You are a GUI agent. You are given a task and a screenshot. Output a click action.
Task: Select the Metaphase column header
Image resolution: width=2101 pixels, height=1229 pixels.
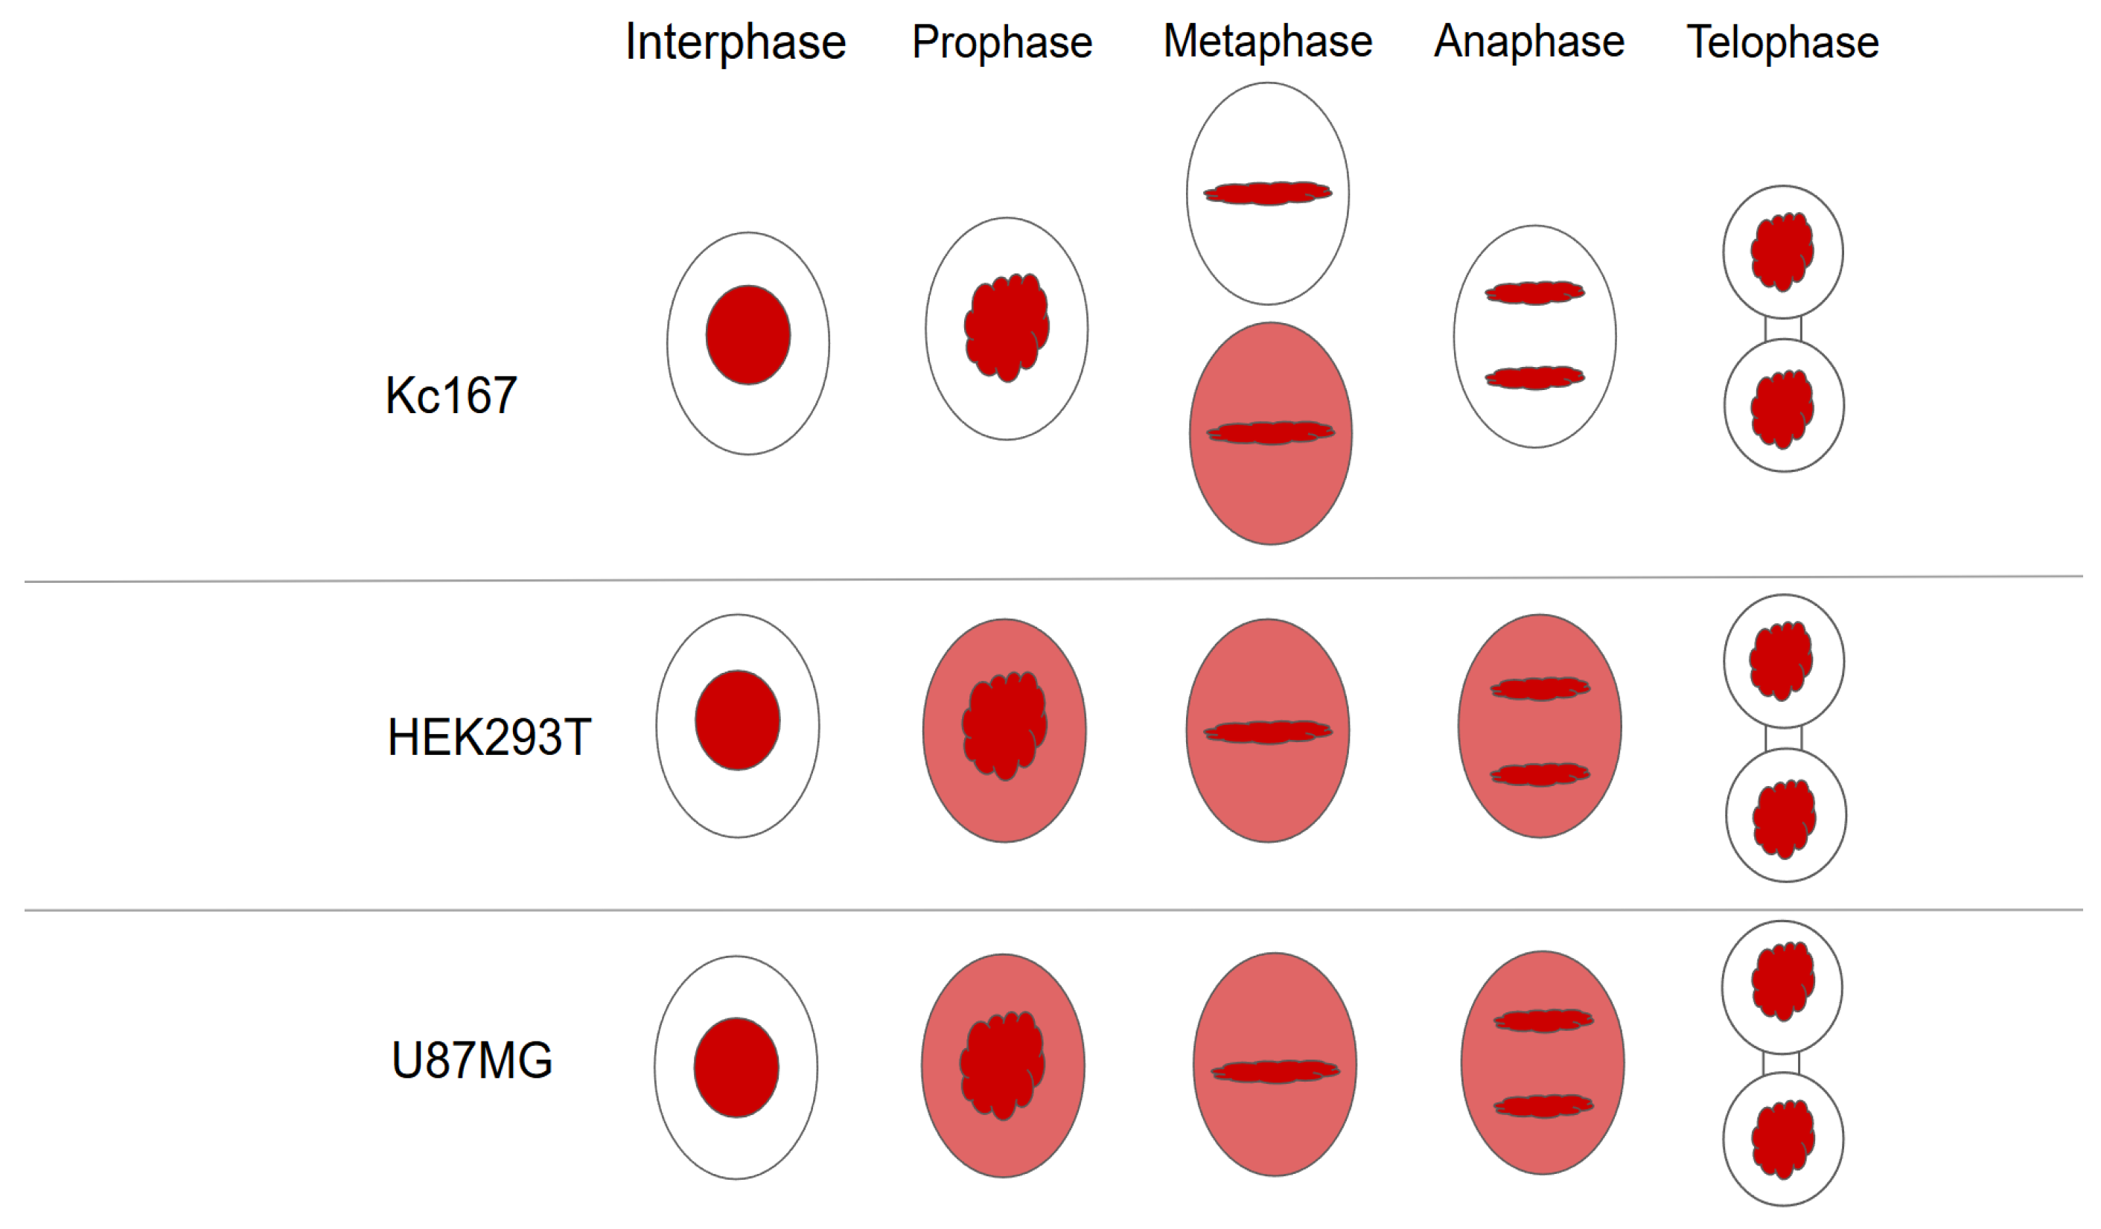pyautogui.click(x=1267, y=42)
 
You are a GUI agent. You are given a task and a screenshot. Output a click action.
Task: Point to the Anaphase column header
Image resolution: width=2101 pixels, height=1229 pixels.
pyautogui.click(x=1529, y=42)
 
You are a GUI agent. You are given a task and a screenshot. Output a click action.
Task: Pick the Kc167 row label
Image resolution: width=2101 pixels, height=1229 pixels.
pyautogui.click(x=450, y=395)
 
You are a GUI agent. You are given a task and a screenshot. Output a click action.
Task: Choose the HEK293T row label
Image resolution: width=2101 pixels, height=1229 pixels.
pyautogui.click(x=489, y=738)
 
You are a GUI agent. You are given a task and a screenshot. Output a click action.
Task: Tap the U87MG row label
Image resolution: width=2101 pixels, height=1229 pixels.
pyautogui.click(x=472, y=1061)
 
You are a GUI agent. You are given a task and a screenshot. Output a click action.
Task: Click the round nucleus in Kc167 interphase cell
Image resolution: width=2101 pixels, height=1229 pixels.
pyautogui.click(x=747, y=335)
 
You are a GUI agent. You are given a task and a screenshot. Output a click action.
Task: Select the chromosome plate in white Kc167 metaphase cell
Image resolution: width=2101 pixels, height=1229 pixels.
pyautogui.click(x=1267, y=194)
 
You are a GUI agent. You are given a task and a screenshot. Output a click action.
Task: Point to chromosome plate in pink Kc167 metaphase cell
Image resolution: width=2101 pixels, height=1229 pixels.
pyautogui.click(x=1271, y=432)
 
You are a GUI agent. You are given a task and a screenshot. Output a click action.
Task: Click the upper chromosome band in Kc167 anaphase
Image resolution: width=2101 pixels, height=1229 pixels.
pyautogui.click(x=1534, y=293)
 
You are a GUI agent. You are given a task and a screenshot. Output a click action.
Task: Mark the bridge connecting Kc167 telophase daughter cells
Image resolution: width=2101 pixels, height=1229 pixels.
pyautogui.click(x=1782, y=329)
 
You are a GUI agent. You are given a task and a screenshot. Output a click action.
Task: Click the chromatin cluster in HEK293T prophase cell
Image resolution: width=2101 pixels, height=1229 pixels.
pyautogui.click(x=1004, y=724)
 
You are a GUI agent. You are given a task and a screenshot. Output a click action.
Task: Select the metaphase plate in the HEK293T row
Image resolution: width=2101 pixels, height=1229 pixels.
pyautogui.click(x=1267, y=732)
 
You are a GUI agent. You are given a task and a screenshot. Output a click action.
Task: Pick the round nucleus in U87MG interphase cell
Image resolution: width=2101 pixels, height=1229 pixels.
pyautogui.click(x=736, y=1067)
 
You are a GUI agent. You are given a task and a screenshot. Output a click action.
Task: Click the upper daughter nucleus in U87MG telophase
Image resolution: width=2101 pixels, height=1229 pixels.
pyautogui.click(x=1782, y=980)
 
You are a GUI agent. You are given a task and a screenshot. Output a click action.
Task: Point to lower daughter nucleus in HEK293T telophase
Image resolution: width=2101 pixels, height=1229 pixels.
pyautogui.click(x=1784, y=818)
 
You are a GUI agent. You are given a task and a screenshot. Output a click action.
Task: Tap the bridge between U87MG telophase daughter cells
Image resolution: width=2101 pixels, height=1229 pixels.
pyautogui.click(x=1781, y=1063)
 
